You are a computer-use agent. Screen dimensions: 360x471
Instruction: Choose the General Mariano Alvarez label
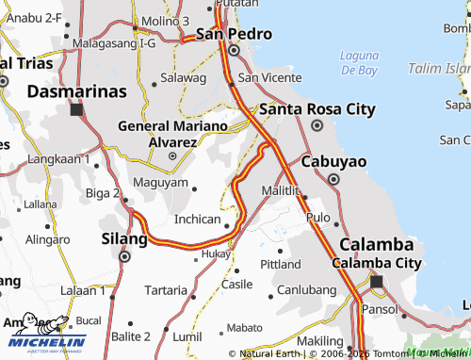pos(172,133)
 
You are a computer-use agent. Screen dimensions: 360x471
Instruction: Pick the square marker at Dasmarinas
pos(76,109)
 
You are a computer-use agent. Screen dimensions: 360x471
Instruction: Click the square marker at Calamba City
pos(377,281)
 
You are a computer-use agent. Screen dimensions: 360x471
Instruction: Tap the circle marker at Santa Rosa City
pos(317,124)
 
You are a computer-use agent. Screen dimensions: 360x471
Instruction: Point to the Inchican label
pos(198,219)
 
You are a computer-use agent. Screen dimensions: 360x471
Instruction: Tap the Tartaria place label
pos(166,289)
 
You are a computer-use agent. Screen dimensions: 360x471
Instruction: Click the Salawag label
pos(183,77)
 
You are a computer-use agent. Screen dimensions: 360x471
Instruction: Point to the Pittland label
pos(280,264)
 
